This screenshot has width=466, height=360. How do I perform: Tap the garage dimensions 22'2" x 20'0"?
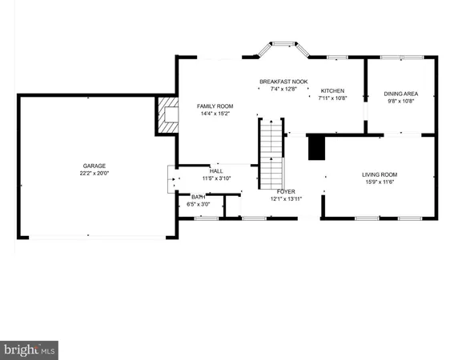click(x=94, y=173)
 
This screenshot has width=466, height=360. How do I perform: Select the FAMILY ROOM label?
click(x=215, y=106)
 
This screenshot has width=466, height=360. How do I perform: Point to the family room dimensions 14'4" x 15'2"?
click(x=215, y=113)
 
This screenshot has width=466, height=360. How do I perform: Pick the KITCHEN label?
click(x=332, y=90)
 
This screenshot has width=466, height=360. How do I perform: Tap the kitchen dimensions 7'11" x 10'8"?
click(x=332, y=98)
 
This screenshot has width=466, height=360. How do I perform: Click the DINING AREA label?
click(x=402, y=94)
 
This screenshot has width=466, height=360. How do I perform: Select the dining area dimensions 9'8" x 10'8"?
click(x=402, y=101)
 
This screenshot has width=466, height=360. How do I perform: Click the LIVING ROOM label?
click(x=380, y=174)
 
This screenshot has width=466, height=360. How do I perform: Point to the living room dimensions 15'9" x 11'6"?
click(x=380, y=182)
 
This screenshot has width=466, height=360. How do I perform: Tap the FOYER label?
click(x=287, y=192)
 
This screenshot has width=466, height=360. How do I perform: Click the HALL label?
click(x=216, y=171)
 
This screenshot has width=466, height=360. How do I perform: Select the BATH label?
click(x=197, y=197)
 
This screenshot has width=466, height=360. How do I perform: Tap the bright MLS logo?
click(x=30, y=349)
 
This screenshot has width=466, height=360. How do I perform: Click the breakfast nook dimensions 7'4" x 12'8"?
click(x=279, y=89)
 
